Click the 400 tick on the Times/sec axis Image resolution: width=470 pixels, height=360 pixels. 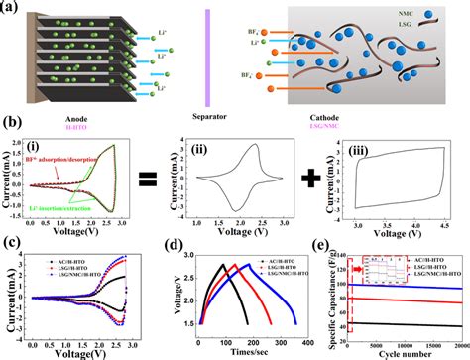pos(307,339)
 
